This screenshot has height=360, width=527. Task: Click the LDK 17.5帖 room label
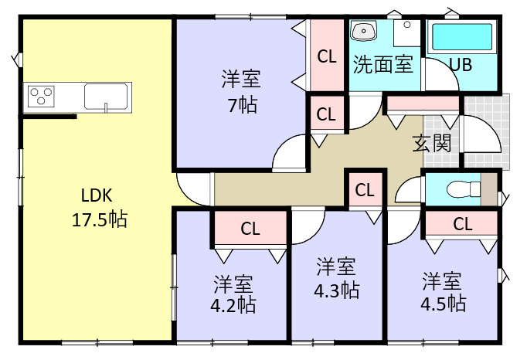[x=100, y=208]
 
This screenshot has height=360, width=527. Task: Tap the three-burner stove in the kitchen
[x=41, y=96]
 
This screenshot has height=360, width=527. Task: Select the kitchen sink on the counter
[x=106, y=97]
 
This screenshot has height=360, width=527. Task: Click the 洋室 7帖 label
[x=241, y=91]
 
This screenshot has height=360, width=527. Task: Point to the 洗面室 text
[x=382, y=64]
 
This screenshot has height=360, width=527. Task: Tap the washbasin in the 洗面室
[x=363, y=31]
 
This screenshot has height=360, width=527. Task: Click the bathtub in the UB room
[x=461, y=37]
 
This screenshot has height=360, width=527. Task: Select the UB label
[x=461, y=65]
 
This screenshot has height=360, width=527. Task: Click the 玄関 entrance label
[x=432, y=143]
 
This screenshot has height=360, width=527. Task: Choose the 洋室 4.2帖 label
[x=233, y=294]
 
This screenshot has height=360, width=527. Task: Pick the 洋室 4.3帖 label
[x=336, y=278]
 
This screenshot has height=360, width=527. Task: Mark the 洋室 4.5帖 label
[x=443, y=291]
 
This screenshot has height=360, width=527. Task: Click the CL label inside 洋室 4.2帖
[x=250, y=229]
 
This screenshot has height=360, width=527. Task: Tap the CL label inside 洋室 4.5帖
[x=463, y=223]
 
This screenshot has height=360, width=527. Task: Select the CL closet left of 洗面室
[x=327, y=56]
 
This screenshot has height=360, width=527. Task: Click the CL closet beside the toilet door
[x=365, y=190]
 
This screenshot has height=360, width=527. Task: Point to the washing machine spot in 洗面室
[x=407, y=33]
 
